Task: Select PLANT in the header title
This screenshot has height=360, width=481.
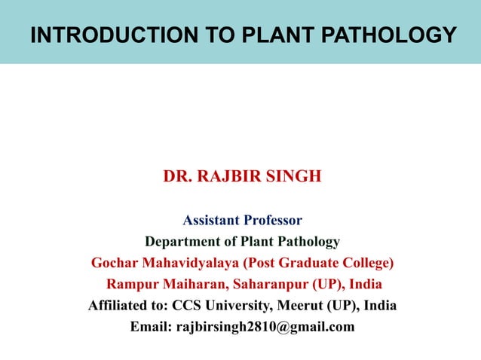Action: tap(261, 35)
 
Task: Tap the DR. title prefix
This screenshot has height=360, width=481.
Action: tap(178, 177)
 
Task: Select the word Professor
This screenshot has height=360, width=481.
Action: tap(272, 221)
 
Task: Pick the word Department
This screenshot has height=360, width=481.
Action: tap(180, 242)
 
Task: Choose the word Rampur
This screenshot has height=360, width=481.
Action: tap(129, 285)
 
